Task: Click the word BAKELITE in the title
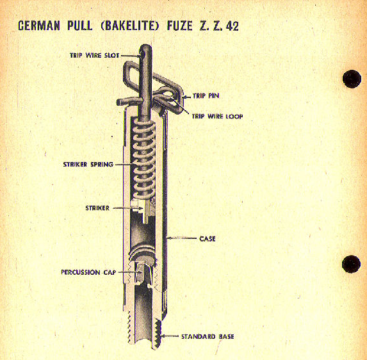pos(129,26)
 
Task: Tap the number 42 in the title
pos(232,26)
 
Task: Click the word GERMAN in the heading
pos(39,26)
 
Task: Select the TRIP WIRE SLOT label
pos(95,56)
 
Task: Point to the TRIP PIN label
pos(206,95)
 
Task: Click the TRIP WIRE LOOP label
pos(217,117)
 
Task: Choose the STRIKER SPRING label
pos(88,165)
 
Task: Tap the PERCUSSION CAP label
pos(88,272)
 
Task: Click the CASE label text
pos(208,239)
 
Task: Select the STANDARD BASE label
pos(208,336)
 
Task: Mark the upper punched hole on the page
pos(352,79)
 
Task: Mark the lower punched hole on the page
pos(351,264)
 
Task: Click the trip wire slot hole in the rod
pos(143,54)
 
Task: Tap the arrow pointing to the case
pos(182,238)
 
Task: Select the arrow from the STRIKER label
pos(128,208)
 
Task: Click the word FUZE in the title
pos(180,26)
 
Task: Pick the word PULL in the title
pos(80,26)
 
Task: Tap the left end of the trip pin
pos(118,102)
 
